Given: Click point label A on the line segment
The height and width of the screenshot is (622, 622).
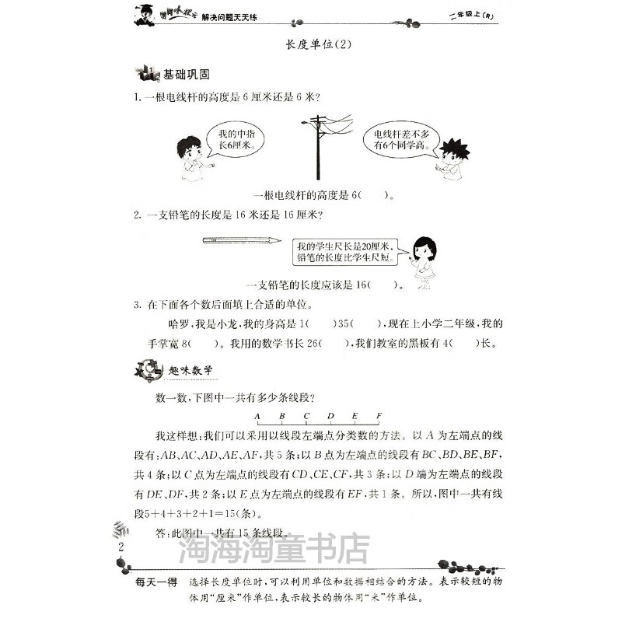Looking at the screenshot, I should (257, 416).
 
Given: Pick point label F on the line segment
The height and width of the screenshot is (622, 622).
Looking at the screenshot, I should (379, 416).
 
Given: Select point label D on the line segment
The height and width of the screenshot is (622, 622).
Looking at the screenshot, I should (330, 416).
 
